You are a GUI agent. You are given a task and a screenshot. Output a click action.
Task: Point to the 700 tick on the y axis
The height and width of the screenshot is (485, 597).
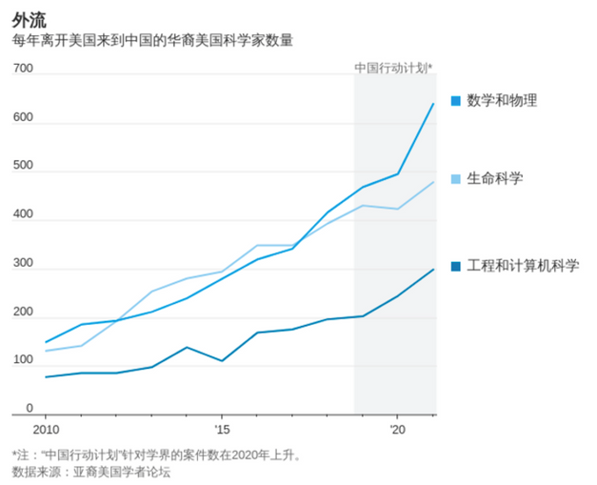23,69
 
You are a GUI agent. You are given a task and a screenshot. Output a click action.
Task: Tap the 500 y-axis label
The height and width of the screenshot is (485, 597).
23,166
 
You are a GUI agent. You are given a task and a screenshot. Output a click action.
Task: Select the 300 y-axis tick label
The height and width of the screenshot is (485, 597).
23,263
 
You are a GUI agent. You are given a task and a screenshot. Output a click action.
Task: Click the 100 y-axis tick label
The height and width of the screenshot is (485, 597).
23,360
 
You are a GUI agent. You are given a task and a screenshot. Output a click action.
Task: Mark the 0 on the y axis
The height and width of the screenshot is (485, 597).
30,408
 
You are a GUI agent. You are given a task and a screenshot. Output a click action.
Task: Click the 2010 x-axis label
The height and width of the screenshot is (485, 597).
45,430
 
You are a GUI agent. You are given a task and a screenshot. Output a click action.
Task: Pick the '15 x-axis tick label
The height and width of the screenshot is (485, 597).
222,430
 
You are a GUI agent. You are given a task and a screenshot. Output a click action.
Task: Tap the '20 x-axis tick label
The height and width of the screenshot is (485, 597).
398,430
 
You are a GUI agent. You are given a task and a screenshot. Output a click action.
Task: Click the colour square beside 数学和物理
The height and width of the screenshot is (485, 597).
455,100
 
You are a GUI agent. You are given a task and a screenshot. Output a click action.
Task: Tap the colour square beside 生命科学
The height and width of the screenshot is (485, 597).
455,178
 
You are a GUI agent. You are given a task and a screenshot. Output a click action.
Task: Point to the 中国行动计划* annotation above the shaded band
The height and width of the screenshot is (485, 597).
393,68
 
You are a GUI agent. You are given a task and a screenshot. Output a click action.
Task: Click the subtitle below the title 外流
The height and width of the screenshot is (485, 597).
152,41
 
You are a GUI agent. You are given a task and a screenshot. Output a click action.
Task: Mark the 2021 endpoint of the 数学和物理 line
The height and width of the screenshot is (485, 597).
433,103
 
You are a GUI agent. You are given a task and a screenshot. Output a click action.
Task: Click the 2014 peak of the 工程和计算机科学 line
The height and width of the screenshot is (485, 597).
187,347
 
